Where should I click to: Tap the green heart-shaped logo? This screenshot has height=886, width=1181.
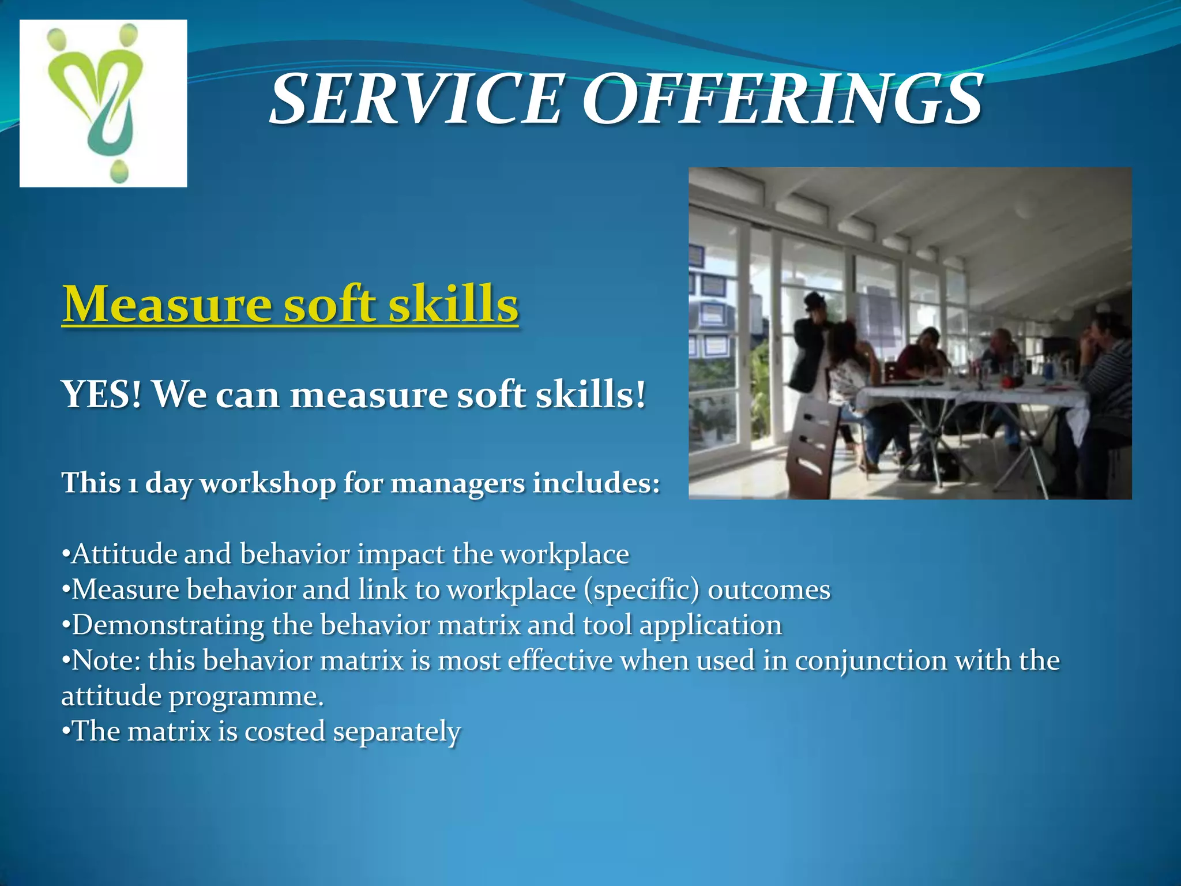coord(104,103)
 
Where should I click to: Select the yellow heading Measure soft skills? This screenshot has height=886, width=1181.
coord(290,304)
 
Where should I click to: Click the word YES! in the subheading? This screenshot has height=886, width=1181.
coord(101,395)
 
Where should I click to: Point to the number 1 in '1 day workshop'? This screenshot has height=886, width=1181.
coord(133,483)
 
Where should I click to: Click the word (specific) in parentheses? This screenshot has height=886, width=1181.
coord(641,590)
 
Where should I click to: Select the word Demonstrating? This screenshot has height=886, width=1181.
coord(167,626)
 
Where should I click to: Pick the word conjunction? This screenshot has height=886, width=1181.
coord(871,661)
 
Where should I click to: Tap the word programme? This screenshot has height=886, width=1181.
coord(246,697)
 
